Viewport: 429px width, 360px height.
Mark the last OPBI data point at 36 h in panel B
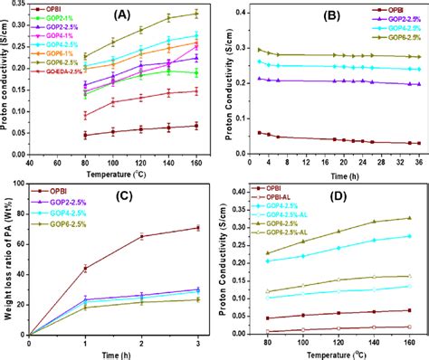coord(417,143)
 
